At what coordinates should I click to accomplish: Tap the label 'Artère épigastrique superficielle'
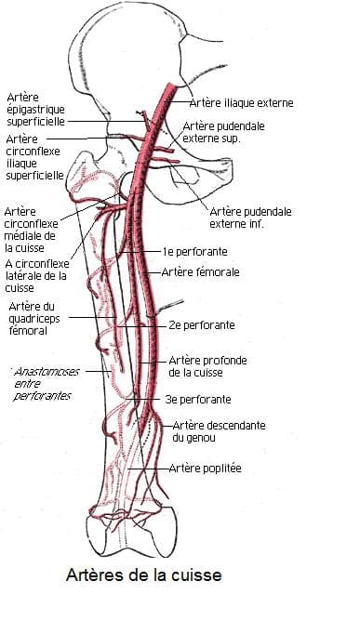[x=36, y=109]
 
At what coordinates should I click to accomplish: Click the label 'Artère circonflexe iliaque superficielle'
[x=34, y=156]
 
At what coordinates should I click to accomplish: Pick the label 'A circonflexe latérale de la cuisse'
[x=36, y=274]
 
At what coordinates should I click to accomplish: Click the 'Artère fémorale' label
[x=201, y=272]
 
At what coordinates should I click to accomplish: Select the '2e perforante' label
[x=202, y=325]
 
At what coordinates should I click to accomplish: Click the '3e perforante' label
[x=199, y=399]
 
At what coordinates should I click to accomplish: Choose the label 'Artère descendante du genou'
[x=206, y=430]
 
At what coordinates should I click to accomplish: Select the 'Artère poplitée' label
[x=205, y=469]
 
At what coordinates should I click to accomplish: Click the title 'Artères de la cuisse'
[x=143, y=575]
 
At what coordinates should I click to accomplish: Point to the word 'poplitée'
[x=221, y=469]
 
